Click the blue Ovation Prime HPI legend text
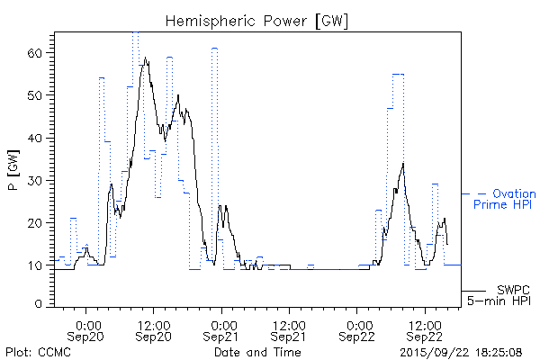[x=505, y=199]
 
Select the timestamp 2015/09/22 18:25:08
[x=463, y=351]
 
